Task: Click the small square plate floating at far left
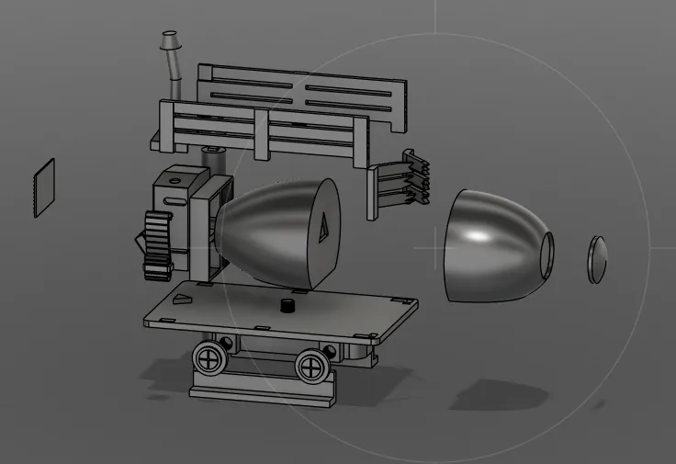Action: pyautogui.click(x=44, y=188)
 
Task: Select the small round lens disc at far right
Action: pyautogui.click(x=598, y=258)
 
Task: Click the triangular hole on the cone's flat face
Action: pyautogui.click(x=324, y=226)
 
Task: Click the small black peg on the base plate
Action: pyautogui.click(x=287, y=305)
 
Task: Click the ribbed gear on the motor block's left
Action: pyautogui.click(x=158, y=243)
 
